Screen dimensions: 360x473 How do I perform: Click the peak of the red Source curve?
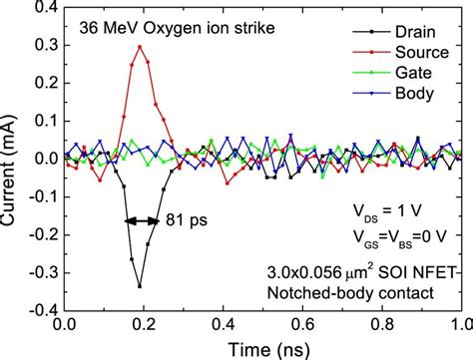(x=140, y=46)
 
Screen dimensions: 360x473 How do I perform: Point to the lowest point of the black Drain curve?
(x=140, y=286)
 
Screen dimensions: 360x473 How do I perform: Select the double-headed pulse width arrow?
(x=141, y=219)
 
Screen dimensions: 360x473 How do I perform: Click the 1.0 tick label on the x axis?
(x=458, y=325)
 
